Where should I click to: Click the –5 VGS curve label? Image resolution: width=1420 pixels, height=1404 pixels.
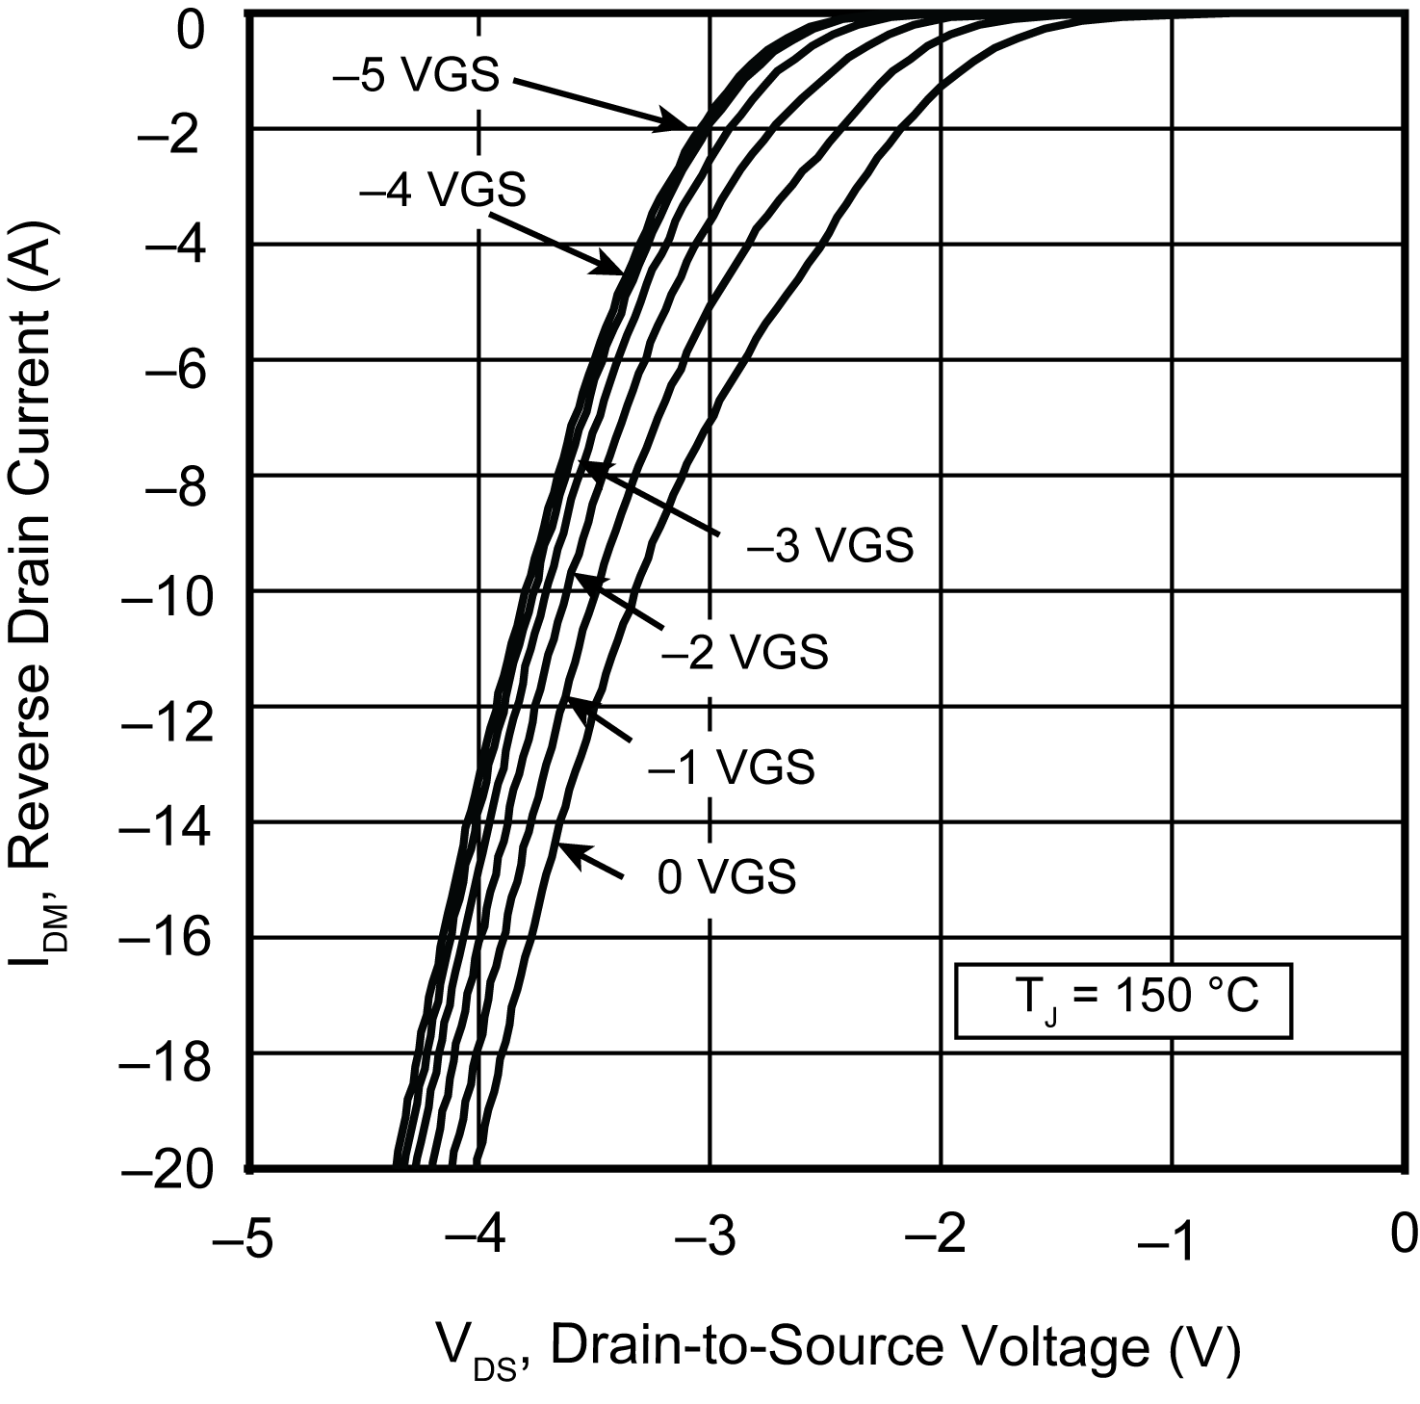point(416,76)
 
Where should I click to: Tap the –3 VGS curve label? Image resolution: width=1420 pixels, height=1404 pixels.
point(830,546)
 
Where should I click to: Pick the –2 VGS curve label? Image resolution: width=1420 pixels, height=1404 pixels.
point(744,652)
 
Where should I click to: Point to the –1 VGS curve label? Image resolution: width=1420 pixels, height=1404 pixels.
point(732,767)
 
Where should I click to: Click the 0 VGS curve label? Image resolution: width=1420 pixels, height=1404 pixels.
point(727,876)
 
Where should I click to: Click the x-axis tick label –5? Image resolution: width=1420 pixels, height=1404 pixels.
point(243,1237)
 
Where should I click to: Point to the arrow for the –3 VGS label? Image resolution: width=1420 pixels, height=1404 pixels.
point(650,498)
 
